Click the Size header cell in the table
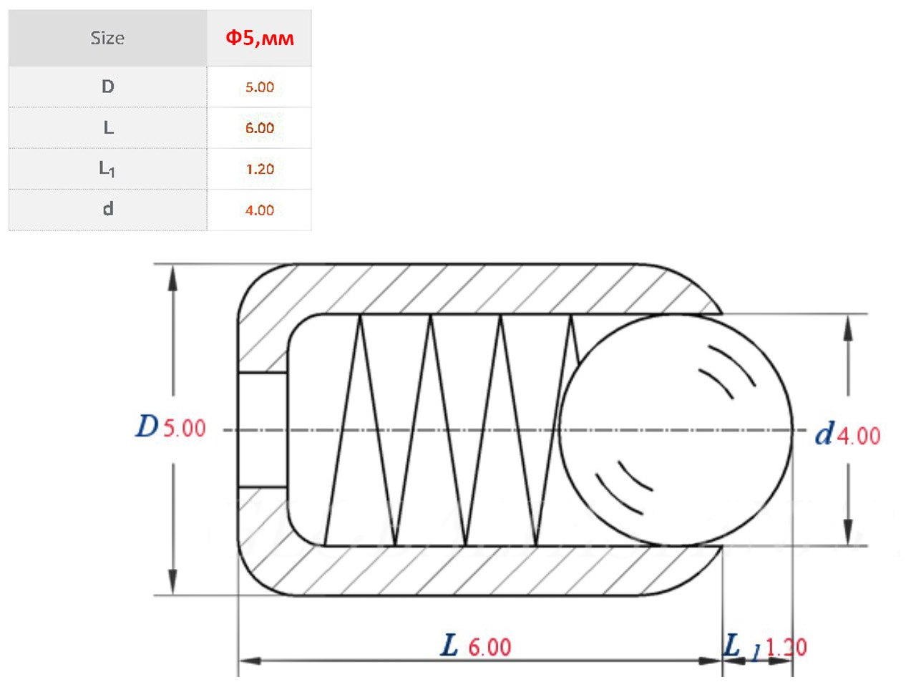click(107, 38)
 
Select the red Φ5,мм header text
click(260, 38)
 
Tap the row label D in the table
click(107, 87)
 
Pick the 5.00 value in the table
click(260, 87)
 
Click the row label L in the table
click(109, 127)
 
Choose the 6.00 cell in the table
click(260, 127)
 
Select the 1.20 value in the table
click(260, 169)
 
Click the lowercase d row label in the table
click(108, 208)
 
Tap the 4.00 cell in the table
click(260, 210)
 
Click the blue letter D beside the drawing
click(147, 426)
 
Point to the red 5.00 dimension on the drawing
click(184, 428)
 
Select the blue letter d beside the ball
click(824, 434)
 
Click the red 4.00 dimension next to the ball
click(859, 436)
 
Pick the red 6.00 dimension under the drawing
click(489, 647)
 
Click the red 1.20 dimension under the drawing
click(786, 647)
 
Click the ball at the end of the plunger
click(676, 430)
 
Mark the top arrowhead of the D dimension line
click(172, 278)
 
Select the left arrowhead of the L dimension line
click(250, 661)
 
